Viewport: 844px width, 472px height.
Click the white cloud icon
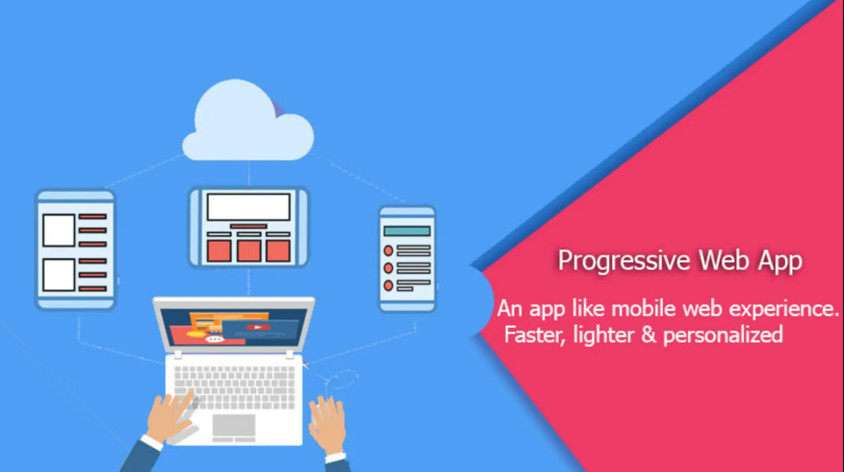[248, 124]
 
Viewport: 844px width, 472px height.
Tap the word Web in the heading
[723, 260]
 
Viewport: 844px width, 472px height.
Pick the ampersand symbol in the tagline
[649, 335]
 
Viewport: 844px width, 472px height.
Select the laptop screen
[234, 327]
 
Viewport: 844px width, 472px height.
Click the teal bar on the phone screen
[407, 231]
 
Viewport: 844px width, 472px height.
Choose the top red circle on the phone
[388, 250]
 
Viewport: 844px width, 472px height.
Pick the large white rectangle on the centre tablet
[248, 206]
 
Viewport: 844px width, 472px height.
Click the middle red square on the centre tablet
[249, 251]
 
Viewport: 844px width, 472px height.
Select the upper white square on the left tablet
[58, 230]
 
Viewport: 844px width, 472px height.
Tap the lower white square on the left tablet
[58, 274]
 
